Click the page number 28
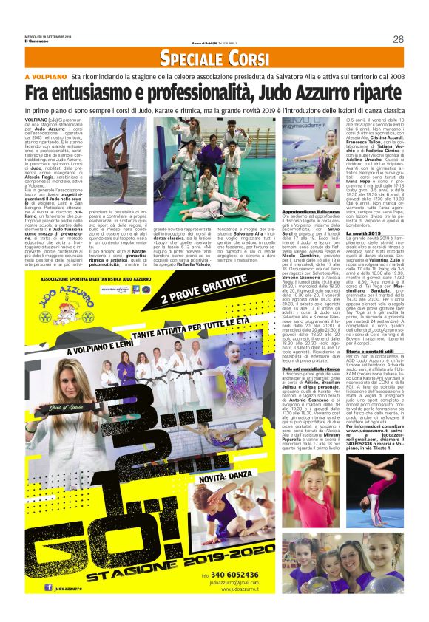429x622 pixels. (x=399, y=39)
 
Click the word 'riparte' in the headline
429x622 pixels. (x=374, y=94)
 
